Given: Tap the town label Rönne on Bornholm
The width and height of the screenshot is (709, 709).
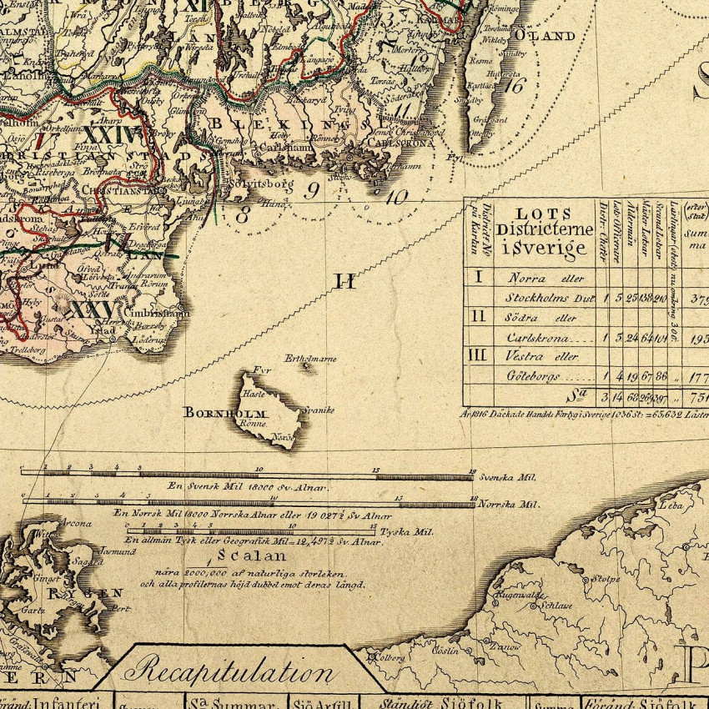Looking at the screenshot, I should pyautogui.click(x=253, y=422).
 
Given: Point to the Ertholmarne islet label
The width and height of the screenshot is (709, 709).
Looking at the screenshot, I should pyautogui.click(x=310, y=359).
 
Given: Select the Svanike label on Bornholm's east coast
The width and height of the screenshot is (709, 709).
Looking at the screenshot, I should pyautogui.click(x=319, y=410).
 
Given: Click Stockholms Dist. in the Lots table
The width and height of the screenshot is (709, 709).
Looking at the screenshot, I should pyautogui.click(x=549, y=298).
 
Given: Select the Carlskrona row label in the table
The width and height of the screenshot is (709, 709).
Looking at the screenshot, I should pyautogui.click(x=538, y=338).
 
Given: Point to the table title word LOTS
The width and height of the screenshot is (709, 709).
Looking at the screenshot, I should pyautogui.click(x=544, y=214).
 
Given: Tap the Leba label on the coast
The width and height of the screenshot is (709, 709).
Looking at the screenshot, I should pyautogui.click(x=670, y=505).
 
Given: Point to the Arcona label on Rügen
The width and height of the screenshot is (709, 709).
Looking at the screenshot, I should pyautogui.click(x=76, y=524).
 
